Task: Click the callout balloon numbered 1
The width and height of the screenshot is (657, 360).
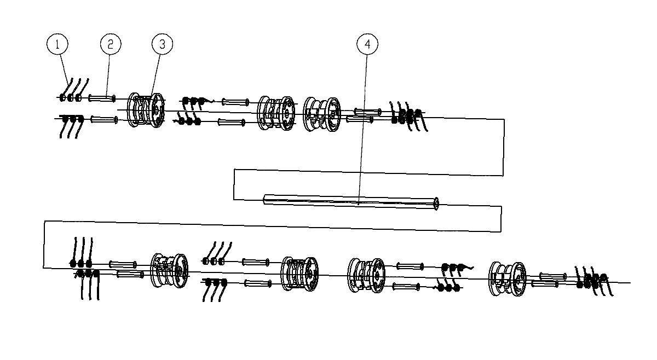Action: coord(57,44)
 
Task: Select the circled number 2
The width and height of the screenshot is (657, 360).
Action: coord(111,44)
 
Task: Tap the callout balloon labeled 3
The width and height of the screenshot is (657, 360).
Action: coord(162,44)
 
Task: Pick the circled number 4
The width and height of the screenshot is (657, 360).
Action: coord(367,44)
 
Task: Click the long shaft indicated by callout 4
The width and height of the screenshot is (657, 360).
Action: coord(351,202)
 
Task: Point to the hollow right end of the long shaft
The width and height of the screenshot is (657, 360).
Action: coord(436,204)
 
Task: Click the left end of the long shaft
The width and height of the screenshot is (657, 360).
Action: coord(264,199)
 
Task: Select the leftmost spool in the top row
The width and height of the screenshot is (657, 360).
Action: coord(146,110)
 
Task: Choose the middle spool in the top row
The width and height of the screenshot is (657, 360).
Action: coord(276,113)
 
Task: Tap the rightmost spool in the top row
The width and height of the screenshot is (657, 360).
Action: coord(322,114)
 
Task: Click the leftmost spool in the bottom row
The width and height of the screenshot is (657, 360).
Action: coord(169,271)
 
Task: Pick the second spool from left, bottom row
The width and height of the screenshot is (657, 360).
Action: coord(299,274)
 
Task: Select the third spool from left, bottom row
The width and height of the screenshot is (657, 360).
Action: coord(366,276)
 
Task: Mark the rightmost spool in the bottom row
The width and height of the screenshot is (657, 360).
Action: coord(507,279)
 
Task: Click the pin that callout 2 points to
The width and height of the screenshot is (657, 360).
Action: coord(102,98)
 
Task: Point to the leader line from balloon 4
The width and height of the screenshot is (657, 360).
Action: coord(363,130)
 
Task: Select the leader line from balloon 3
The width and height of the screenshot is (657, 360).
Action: coord(155,76)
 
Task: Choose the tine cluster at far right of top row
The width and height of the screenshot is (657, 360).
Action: coord(408,117)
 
